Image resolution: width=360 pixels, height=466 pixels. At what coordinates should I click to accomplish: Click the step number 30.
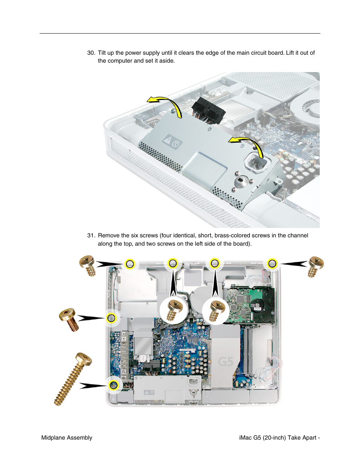pyautogui.click(x=91, y=53)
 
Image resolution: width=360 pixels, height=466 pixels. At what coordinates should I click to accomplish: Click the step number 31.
pyautogui.click(x=91, y=235)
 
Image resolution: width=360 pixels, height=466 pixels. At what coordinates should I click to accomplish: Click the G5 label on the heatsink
pyautogui.click(x=226, y=362)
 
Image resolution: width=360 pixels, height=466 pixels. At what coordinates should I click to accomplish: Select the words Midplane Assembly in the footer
pyautogui.click(x=67, y=438)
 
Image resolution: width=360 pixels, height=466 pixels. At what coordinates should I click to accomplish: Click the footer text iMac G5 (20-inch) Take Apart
pyautogui.click(x=278, y=438)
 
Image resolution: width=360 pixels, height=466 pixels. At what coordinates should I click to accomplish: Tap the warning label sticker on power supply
pyautogui.click(x=172, y=143)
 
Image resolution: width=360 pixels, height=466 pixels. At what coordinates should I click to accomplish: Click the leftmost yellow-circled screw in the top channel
pyautogui.click(x=130, y=263)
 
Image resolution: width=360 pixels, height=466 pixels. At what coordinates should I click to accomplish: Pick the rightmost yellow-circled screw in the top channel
pyautogui.click(x=272, y=263)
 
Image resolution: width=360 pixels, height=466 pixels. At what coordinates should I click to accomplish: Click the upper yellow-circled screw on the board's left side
pyautogui.click(x=111, y=318)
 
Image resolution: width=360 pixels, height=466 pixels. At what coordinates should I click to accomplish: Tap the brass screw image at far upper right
pyautogui.click(x=315, y=266)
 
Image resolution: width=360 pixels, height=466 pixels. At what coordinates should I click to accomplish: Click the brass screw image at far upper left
pyautogui.click(x=88, y=265)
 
